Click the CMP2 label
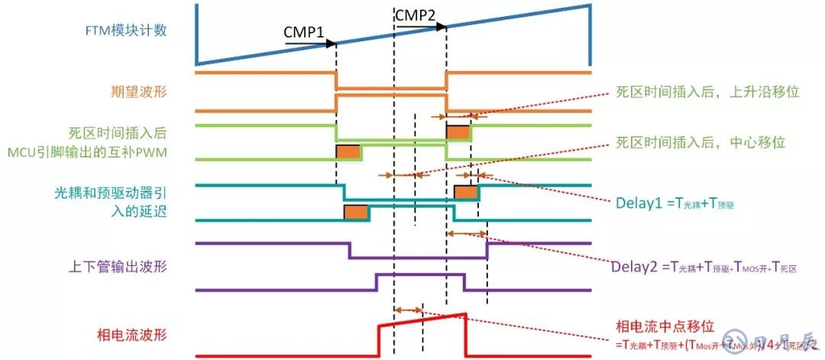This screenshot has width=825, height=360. coord(416,15)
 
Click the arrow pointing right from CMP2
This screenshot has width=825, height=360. coord(419,26)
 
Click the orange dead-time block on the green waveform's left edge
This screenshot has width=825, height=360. coord(348,151)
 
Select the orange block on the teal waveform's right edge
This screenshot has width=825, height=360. coord(466,192)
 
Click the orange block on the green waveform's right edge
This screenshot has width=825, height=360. coord(458,132)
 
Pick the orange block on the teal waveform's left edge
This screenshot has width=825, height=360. coord(356,211)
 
